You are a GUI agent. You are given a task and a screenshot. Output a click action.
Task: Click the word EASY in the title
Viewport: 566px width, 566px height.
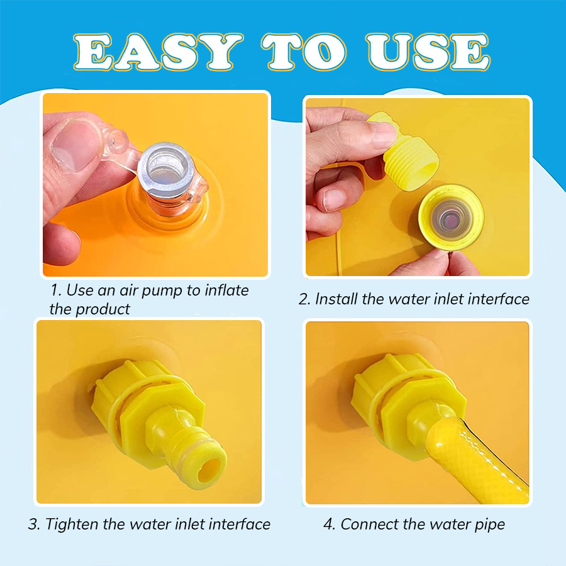(x=158, y=52)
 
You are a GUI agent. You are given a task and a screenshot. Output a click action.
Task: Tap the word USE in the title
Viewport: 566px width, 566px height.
(x=428, y=52)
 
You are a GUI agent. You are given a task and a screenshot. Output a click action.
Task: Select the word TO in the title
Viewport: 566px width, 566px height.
(x=304, y=52)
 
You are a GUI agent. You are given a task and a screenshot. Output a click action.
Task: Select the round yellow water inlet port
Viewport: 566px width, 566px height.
(x=451, y=217)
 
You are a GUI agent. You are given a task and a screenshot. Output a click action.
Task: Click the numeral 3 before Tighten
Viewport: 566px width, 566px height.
(x=33, y=524)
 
